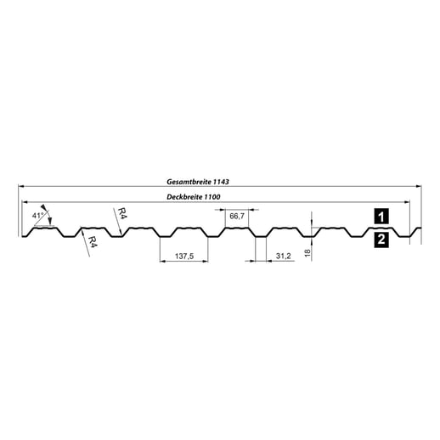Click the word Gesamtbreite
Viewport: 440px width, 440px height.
click(193, 182)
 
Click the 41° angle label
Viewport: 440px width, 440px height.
click(37, 217)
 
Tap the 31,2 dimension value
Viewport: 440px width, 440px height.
click(284, 255)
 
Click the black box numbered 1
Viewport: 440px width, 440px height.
click(381, 217)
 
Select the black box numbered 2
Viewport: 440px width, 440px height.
click(381, 240)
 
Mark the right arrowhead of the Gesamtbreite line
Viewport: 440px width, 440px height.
click(418, 187)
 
